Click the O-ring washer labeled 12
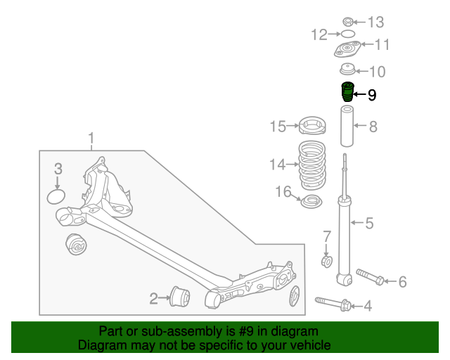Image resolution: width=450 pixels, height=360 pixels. [x=347, y=34]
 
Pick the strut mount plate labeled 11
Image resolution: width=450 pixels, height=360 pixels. [x=347, y=51]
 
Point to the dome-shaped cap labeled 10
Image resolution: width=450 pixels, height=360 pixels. [x=347, y=70]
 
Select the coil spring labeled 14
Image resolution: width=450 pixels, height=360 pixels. [x=311, y=167]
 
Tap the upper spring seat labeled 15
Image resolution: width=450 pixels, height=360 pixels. [x=311, y=127]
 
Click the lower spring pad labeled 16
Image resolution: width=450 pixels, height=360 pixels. [x=310, y=202]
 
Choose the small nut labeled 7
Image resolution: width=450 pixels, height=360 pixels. [x=326, y=262]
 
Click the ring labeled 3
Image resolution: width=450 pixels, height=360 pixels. [x=56, y=195]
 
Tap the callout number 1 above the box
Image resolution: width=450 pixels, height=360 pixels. [x=90, y=137]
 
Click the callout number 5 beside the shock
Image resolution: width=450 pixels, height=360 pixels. [x=369, y=224]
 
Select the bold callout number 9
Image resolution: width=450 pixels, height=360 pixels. [x=372, y=94]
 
